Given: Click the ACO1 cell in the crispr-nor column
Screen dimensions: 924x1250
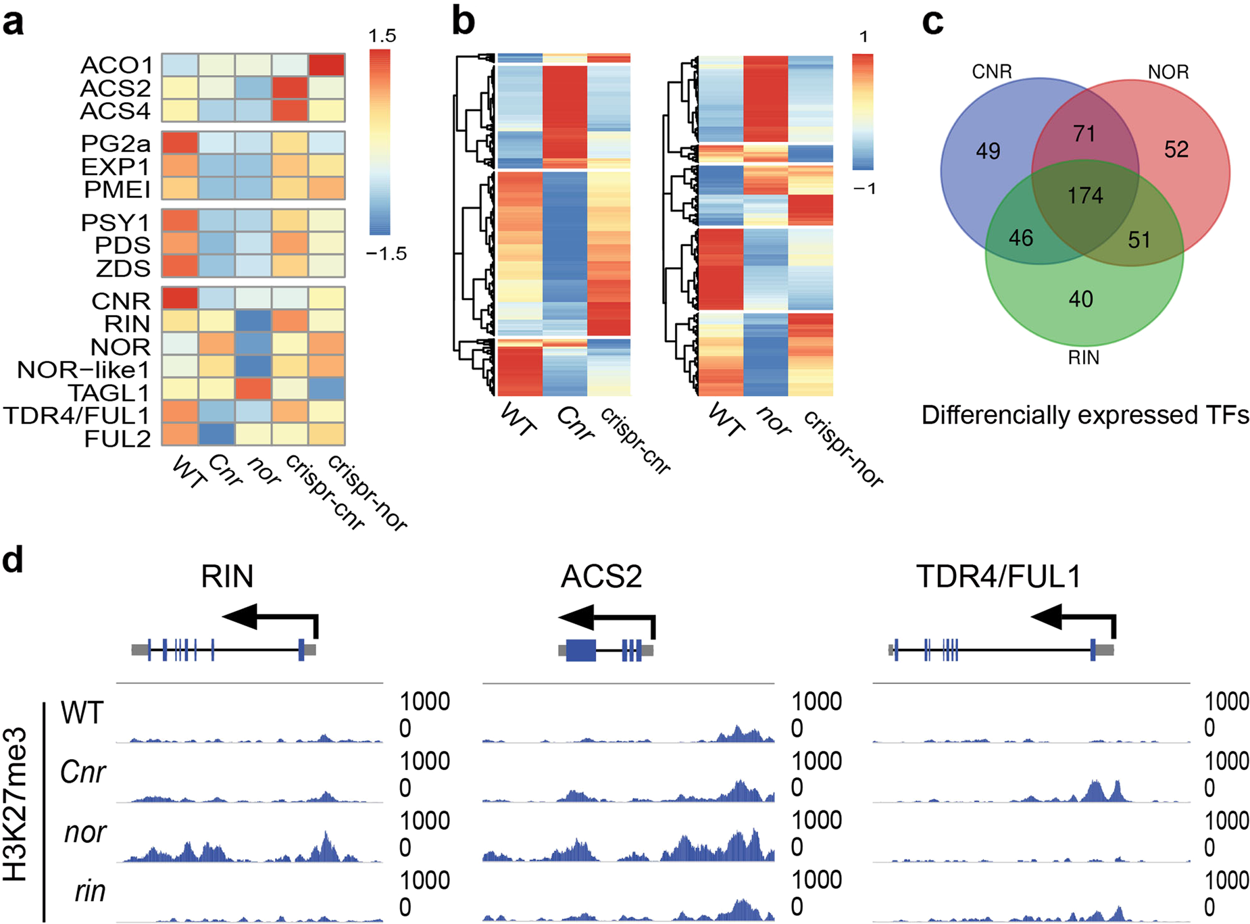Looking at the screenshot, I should point(327,65).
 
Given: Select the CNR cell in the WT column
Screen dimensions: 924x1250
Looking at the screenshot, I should point(180,299).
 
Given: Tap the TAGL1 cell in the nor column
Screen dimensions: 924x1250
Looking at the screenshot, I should point(253,389).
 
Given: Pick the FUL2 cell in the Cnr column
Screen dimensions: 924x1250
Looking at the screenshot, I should point(217,435).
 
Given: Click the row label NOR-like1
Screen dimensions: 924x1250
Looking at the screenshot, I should point(83,370).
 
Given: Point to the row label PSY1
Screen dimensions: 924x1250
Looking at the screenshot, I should point(116,222).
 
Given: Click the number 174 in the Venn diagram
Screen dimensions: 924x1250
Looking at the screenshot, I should point(1085,196).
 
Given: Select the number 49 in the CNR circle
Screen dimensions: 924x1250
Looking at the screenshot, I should point(988,151).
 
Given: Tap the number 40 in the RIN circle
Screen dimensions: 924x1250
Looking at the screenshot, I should point(1080,299).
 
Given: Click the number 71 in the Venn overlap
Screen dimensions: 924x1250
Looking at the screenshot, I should point(1084,133).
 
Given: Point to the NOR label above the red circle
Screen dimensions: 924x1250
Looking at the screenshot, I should point(1168,72).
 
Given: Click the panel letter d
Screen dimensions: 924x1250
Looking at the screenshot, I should point(14,560).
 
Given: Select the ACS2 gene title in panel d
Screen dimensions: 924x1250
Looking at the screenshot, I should point(601,577).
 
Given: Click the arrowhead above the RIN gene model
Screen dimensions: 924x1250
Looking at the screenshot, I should point(240,616).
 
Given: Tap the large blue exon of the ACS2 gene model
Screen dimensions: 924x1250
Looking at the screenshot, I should point(580,650).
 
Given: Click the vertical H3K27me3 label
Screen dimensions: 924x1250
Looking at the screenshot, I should point(15,804).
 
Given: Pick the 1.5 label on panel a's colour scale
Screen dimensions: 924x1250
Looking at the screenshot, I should point(382,36).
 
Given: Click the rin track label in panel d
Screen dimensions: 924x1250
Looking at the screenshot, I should point(90,892).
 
